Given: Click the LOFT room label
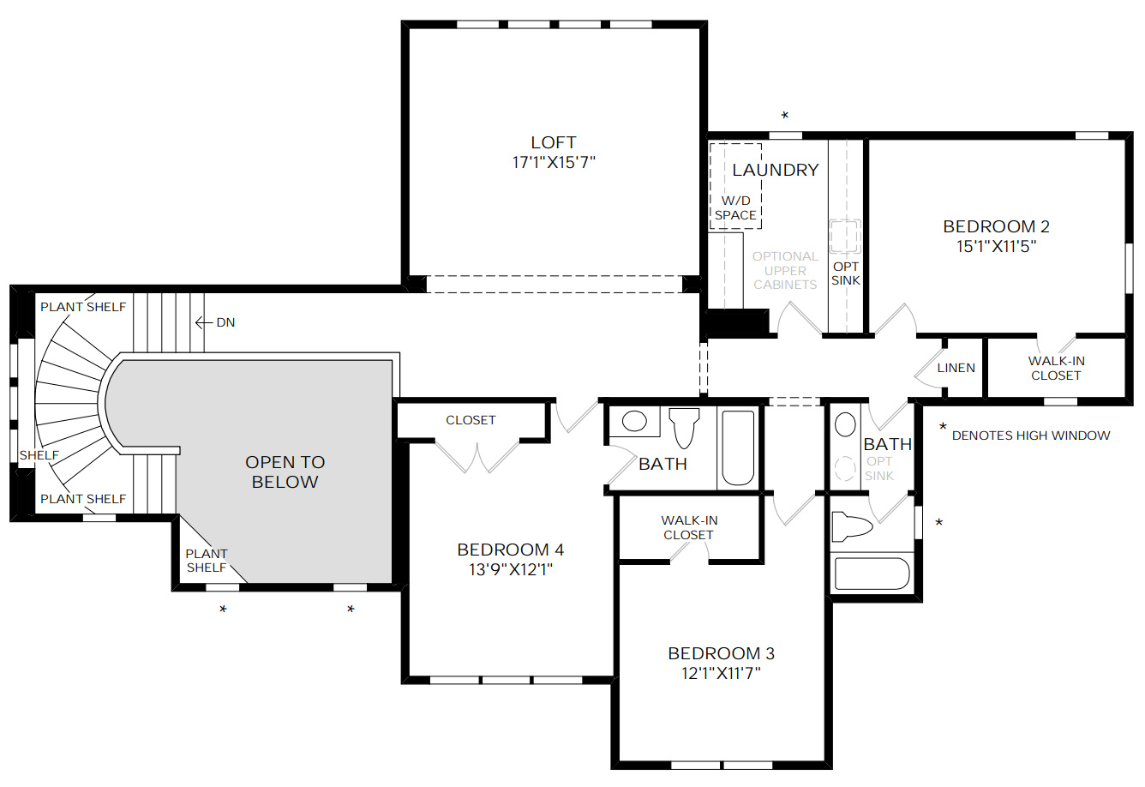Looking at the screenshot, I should click(553, 142).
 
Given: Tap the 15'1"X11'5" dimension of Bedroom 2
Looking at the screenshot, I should click(996, 247).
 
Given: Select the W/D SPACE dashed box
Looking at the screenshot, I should click(735, 186).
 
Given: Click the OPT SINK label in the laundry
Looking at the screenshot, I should click(845, 273).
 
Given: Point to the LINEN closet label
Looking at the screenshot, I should click(956, 368).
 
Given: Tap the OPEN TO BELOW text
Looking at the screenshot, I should click(285, 472).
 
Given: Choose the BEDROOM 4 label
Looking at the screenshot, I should click(510, 550).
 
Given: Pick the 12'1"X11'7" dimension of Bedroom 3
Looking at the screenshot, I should click(721, 673).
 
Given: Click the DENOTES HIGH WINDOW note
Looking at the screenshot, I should click(1030, 436).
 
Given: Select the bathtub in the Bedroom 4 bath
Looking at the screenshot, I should click(738, 448).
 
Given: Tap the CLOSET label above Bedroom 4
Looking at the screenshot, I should click(471, 420).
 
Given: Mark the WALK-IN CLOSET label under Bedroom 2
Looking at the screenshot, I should click(1056, 368).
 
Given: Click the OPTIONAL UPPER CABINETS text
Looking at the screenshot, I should click(784, 270).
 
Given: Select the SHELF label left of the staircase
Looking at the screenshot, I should click(39, 455).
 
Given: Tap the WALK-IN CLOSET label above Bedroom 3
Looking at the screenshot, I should click(689, 527).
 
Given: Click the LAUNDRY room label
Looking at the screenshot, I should click(775, 170).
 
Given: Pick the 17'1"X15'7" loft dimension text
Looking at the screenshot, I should click(553, 162).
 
